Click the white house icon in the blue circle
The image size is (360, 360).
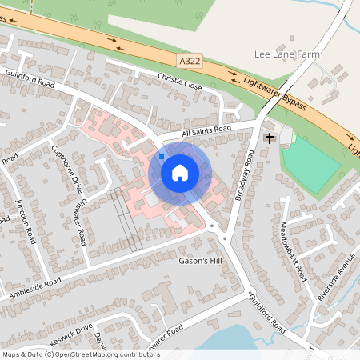[180, 172]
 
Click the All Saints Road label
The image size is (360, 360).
[206, 130]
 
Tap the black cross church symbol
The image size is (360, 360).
[269, 138]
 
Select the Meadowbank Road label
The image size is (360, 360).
[294, 250]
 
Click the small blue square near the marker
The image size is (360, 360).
[162, 157]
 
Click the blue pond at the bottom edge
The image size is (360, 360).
[232, 340]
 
